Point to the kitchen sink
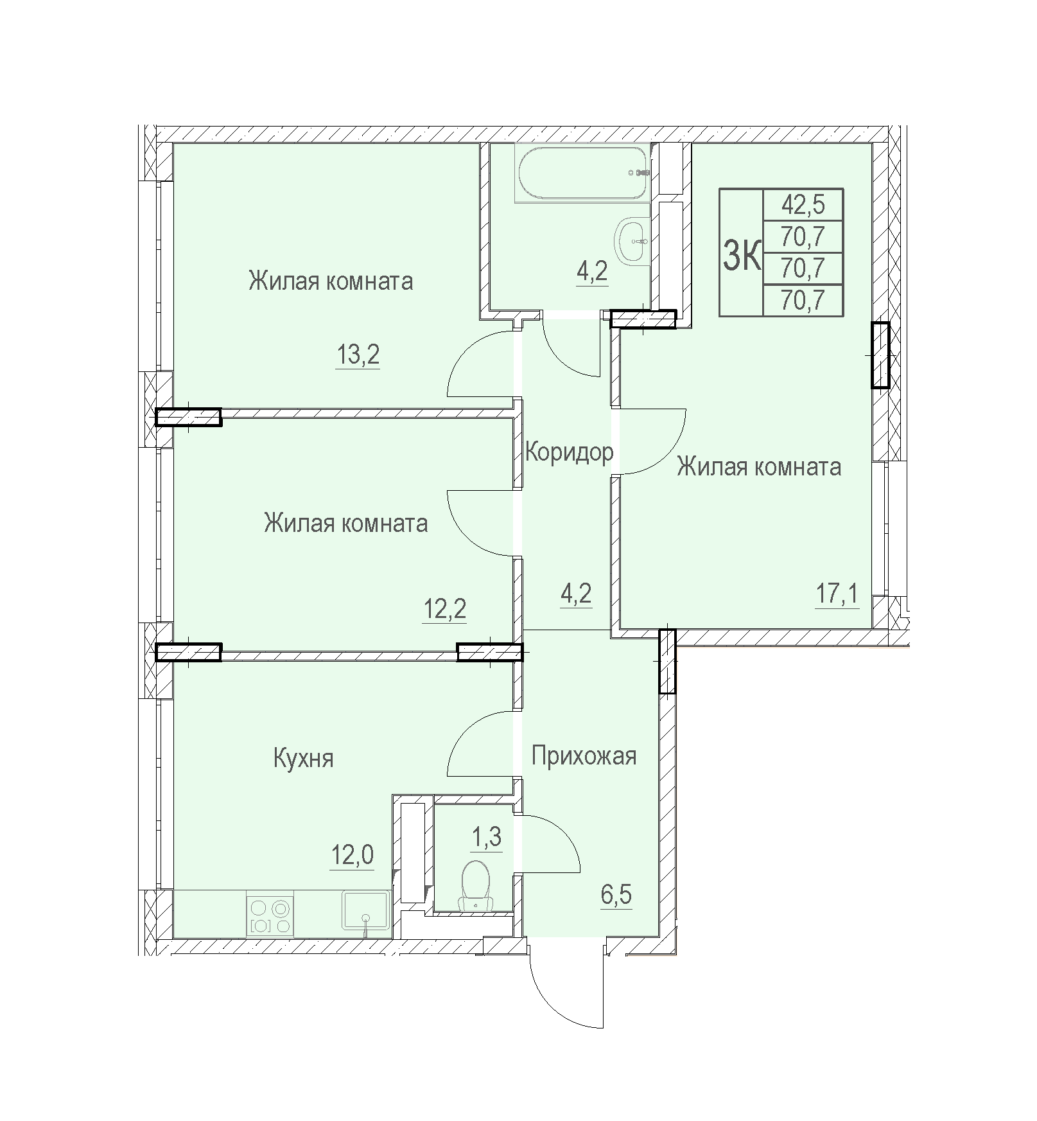pos(366,910)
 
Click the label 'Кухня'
pos(303,759)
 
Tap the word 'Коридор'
pos(569,452)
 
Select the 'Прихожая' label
pos(584,756)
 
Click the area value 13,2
pos(358,355)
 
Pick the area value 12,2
pos(444,608)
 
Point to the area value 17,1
pos(837,594)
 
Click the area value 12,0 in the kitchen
pos(352,856)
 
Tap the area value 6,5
pos(616,894)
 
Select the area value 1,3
pos(486,838)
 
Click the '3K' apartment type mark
pos(742,254)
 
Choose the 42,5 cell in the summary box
pos(803,206)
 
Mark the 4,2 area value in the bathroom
pos(592,273)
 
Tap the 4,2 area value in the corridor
pos(576,594)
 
